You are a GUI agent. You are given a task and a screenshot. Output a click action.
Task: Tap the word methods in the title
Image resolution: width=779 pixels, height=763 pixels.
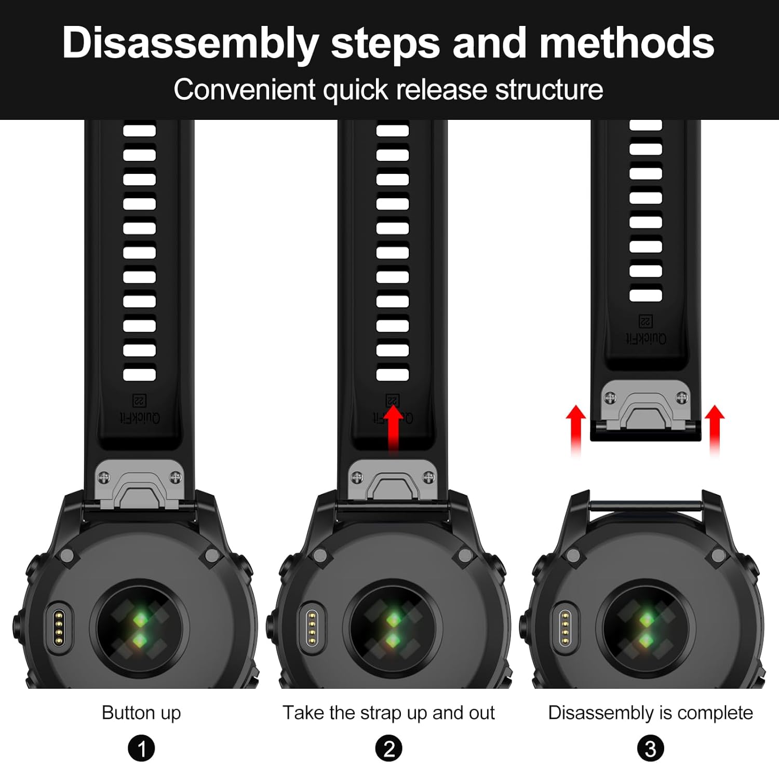pos(627,43)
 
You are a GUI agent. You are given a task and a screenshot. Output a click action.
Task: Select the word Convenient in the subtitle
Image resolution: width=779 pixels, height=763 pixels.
pos(245,89)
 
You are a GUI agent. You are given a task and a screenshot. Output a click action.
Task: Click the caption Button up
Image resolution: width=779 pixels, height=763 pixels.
pos(141,713)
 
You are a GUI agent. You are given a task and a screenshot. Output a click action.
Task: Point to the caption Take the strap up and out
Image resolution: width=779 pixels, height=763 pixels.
pos(388,713)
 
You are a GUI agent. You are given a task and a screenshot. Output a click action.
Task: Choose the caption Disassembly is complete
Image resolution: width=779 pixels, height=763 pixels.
pos(650,713)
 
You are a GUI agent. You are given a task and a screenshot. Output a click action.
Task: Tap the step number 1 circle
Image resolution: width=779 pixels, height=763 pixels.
pos(141,748)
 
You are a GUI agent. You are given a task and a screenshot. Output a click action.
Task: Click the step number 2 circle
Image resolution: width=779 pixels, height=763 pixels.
pos(389,748)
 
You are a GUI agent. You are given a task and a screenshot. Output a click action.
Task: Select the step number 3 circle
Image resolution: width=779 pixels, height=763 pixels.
pos(650,748)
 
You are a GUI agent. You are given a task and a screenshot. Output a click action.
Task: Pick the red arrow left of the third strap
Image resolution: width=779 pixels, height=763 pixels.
pos(576,431)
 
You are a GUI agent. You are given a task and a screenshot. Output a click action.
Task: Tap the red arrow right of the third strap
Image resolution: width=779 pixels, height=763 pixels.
pos(715,431)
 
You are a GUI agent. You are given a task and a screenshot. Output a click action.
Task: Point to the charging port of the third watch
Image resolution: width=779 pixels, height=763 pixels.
pos(565,627)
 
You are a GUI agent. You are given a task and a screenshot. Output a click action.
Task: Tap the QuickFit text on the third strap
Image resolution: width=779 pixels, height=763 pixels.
pos(646,338)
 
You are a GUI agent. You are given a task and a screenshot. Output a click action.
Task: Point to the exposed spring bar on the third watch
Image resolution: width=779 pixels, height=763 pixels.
pos(646,504)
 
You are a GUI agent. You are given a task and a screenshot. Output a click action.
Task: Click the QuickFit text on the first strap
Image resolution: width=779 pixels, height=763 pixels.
pos(140,417)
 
